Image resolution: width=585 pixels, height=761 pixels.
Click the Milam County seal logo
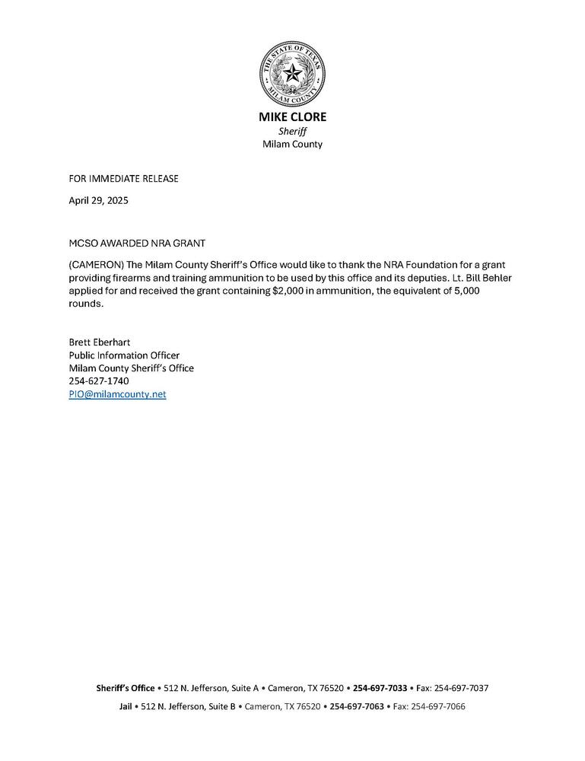click(292, 73)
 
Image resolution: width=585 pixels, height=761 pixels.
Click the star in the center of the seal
click(292, 73)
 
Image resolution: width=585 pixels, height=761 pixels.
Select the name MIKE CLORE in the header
click(292, 117)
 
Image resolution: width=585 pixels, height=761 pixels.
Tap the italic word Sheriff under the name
click(292, 131)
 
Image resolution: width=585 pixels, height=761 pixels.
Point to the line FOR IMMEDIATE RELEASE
click(124, 179)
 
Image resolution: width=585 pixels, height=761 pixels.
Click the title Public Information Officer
click(124, 355)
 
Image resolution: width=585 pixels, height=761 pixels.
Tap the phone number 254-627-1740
click(99, 381)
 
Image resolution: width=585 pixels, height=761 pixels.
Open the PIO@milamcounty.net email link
click(117, 394)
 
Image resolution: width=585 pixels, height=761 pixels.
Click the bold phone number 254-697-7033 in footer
click(380, 688)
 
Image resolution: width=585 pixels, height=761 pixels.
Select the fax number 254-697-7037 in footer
click(461, 688)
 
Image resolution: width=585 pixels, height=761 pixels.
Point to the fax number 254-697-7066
click(437, 706)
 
